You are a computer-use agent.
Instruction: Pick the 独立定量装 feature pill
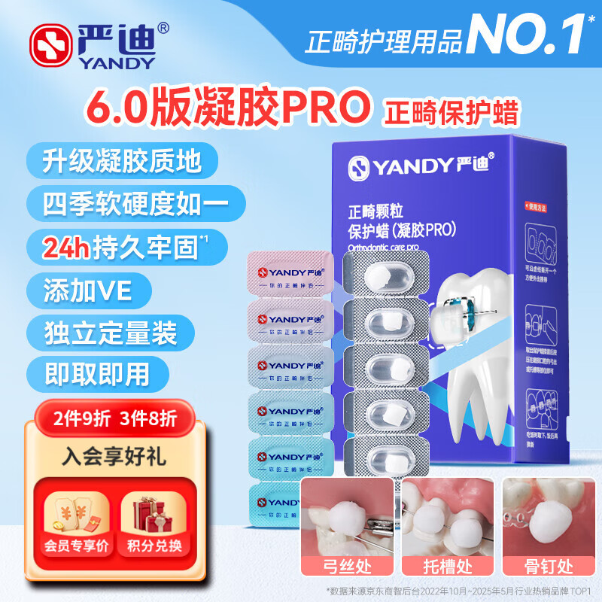(103, 330)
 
